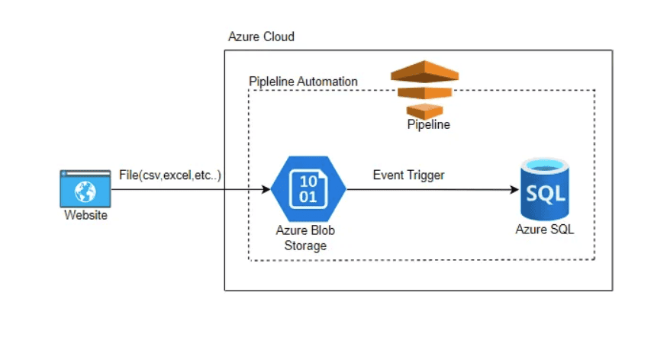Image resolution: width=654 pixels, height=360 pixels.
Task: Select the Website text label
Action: coord(85,215)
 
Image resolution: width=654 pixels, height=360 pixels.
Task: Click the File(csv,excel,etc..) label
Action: coord(169,175)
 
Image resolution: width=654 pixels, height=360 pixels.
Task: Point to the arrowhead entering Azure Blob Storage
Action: coord(267,188)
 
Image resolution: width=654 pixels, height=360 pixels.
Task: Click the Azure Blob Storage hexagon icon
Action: coord(308,188)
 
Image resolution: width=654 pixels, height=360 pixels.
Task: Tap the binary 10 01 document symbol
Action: coord(308,188)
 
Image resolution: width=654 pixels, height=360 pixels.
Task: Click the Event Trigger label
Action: coord(408,175)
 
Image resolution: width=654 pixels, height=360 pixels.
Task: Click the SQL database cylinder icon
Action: coord(544,190)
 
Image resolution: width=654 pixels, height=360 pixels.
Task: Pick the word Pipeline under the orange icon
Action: coord(428,125)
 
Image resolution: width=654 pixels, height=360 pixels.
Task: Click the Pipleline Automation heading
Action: coord(303,82)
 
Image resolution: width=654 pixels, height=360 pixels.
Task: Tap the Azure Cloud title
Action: coord(261,37)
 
